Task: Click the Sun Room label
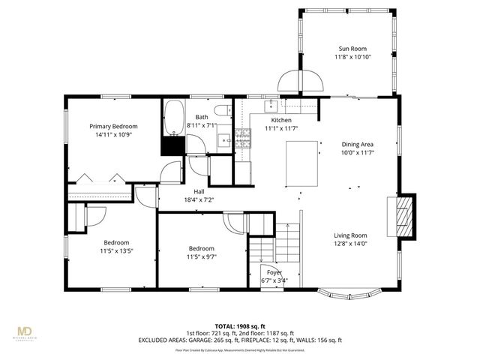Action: (352, 48)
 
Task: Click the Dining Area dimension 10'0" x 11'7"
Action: (358, 152)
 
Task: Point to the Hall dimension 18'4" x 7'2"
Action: (199, 200)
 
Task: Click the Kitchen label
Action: (281, 120)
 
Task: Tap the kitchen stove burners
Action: (243, 136)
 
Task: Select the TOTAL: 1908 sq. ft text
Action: (239, 326)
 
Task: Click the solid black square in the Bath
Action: (173, 145)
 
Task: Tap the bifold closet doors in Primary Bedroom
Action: (100, 178)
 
